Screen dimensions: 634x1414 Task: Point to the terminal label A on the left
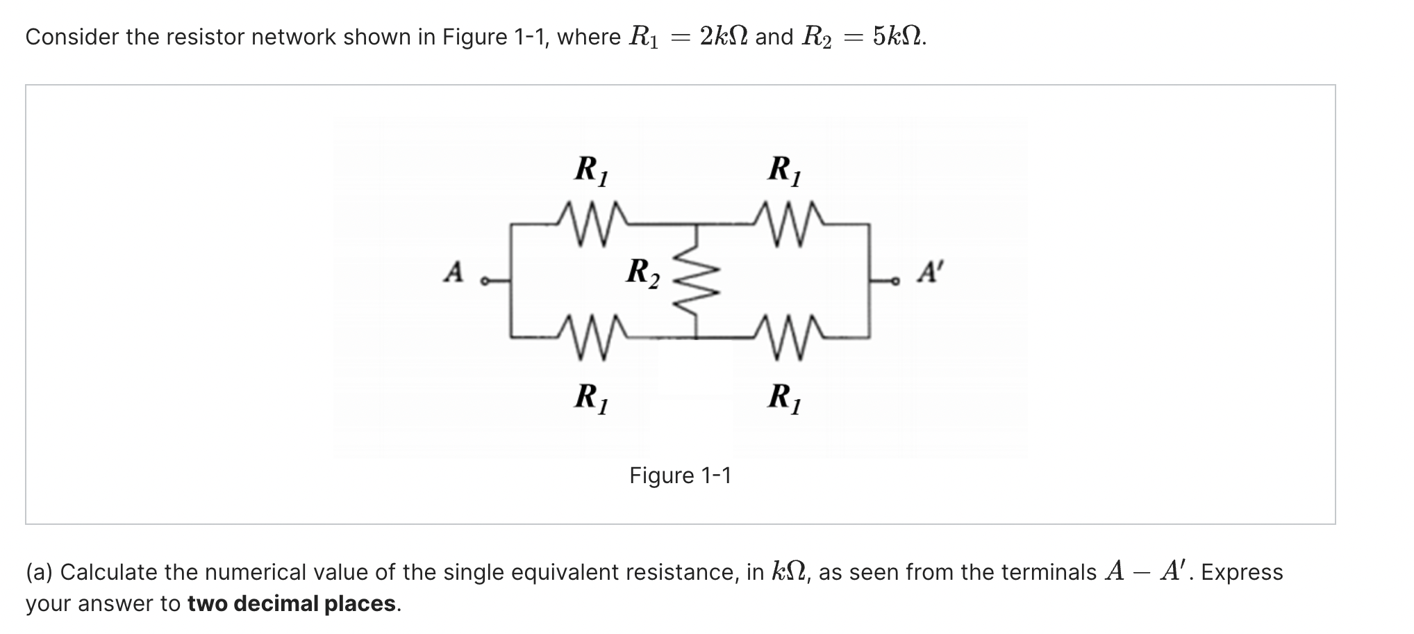click(x=454, y=272)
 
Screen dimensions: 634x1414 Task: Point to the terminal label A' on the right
click(x=929, y=272)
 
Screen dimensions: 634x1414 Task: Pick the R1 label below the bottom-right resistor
click(x=785, y=398)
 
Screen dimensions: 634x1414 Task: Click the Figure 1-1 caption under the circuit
click(x=680, y=475)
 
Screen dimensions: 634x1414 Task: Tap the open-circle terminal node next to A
click(x=485, y=282)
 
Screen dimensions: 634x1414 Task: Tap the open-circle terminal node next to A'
click(x=896, y=282)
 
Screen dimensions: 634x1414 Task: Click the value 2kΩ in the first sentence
click(x=724, y=36)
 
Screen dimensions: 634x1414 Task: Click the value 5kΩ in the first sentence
click(x=898, y=36)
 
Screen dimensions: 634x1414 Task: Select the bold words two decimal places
click(x=291, y=603)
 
